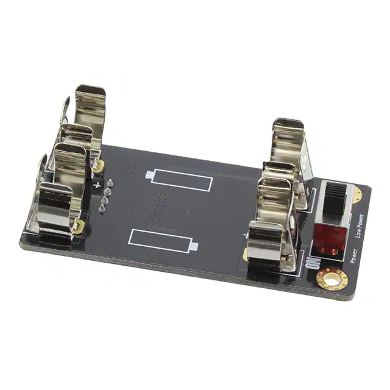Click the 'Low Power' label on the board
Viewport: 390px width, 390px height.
(360, 226)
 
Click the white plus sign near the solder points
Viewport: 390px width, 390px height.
(97, 185)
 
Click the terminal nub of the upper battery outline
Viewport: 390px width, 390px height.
(150, 175)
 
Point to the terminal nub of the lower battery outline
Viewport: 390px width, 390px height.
(194, 246)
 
